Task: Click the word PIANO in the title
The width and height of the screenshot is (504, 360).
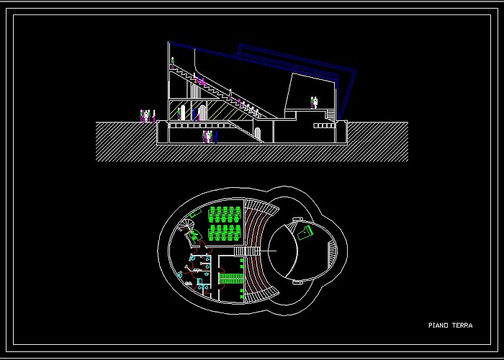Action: pos(438,325)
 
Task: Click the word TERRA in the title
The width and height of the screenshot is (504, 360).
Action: pos(462,325)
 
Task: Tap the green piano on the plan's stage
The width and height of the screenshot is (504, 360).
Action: pos(305,233)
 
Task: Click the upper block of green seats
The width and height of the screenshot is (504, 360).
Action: pos(225,215)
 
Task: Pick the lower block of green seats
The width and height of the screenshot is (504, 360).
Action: pos(225,233)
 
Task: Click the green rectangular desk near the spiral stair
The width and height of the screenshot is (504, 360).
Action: pos(196,213)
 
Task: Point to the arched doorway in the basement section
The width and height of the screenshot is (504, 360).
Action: pos(258,134)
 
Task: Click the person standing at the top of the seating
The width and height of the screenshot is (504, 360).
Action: pos(172,63)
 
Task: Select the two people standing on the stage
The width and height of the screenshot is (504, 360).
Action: pos(314,102)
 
